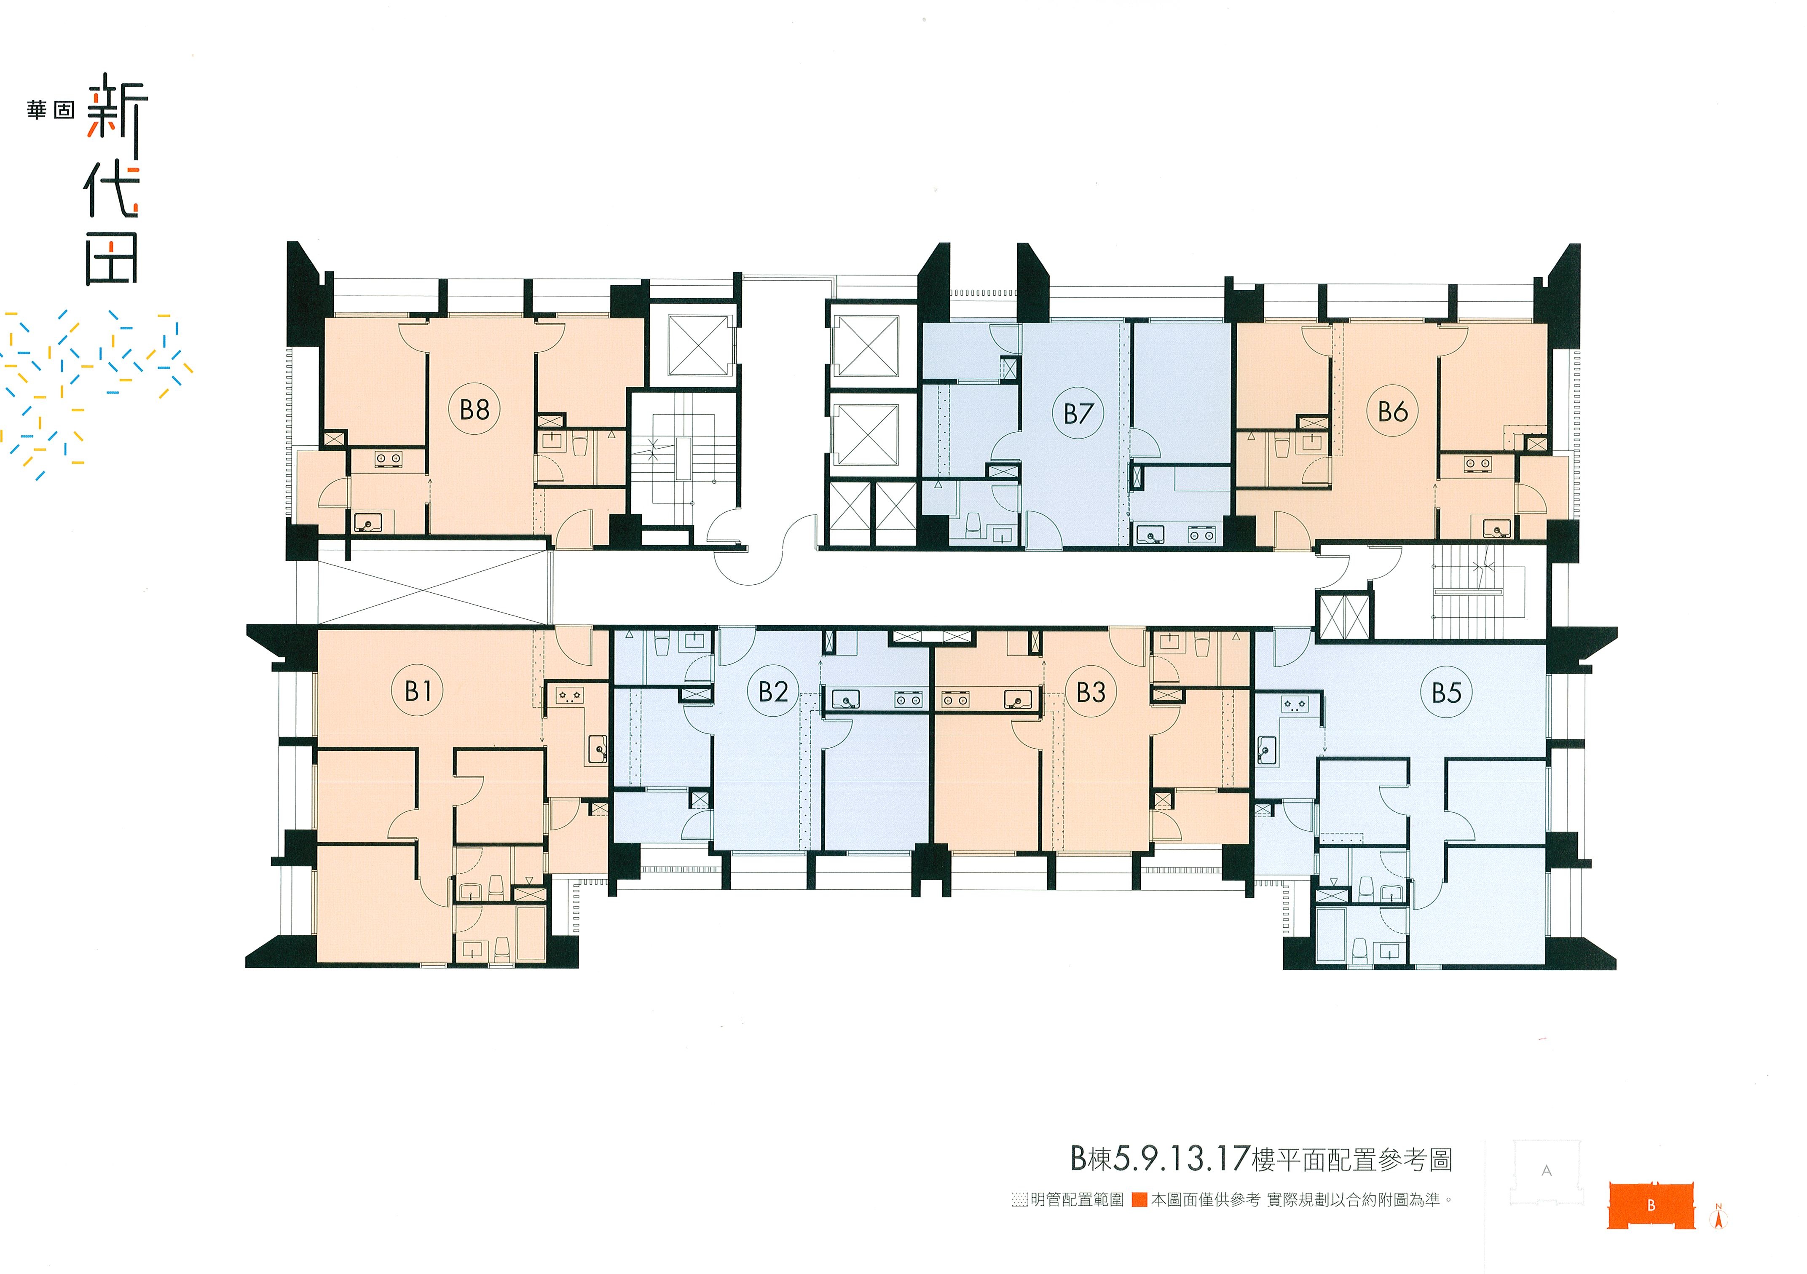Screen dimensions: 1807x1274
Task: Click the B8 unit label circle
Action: point(475,409)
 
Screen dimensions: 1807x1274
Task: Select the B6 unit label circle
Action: point(1392,411)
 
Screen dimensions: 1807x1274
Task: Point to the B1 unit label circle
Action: point(418,691)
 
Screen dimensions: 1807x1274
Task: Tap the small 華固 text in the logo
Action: point(51,110)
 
